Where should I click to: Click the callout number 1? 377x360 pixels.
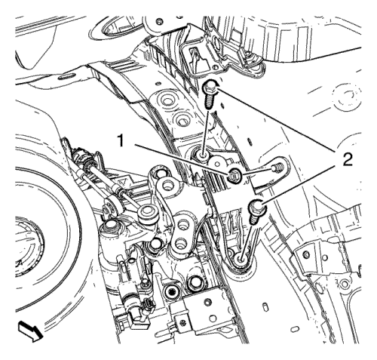coord(121,140)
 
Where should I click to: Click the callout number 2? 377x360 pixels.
coord(348,159)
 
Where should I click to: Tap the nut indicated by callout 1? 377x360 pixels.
coord(234,175)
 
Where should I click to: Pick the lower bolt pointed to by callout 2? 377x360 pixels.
coord(256,211)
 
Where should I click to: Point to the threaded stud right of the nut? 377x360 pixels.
coord(277,167)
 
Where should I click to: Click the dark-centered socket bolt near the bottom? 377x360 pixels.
coord(170,291)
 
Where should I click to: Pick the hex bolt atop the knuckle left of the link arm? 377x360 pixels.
coord(110,225)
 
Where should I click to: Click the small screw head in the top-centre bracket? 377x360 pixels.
coord(158,22)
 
